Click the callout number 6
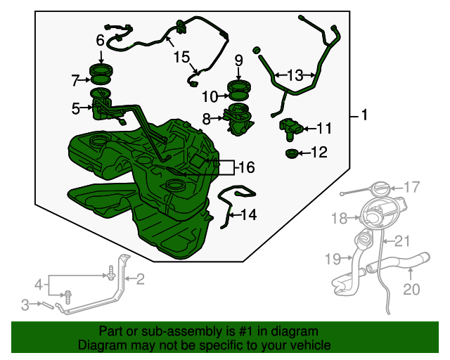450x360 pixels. pyautogui.click(x=100, y=41)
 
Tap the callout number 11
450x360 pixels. pyautogui.click(x=324, y=129)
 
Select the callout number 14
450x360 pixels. pyautogui.click(x=248, y=214)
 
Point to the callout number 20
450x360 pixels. pyautogui.click(x=411, y=289)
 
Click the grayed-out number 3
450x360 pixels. pyautogui.click(x=25, y=305)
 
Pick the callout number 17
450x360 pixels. pyautogui.click(x=412, y=187)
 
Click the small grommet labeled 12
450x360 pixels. pyautogui.click(x=292, y=153)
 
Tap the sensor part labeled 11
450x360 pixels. pyautogui.click(x=290, y=129)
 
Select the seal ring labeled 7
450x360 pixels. pyautogui.click(x=101, y=80)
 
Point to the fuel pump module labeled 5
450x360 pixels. pyautogui.click(x=101, y=107)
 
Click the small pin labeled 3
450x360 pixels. pyautogui.click(x=48, y=304)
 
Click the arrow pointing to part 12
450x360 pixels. pyautogui.click(x=304, y=153)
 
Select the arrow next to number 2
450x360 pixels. pyautogui.click(x=130, y=278)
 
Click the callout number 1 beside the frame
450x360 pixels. pyautogui.click(x=364, y=115)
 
